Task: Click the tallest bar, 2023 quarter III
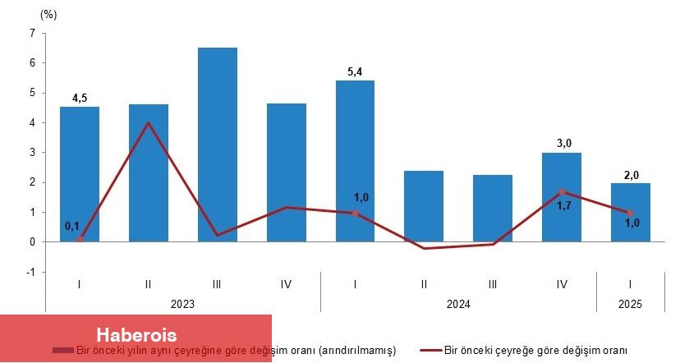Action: [217, 145]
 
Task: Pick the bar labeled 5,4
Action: [355, 161]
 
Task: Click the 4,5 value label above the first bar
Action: [80, 99]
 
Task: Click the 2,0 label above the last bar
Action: [631, 175]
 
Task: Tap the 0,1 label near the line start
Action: [73, 226]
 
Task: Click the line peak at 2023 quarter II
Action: [148, 123]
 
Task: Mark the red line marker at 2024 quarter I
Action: [355, 213]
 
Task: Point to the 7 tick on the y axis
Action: [31, 33]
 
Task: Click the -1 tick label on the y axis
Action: [30, 272]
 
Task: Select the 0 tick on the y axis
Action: [31, 242]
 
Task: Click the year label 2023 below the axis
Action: [182, 304]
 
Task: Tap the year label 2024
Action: [458, 304]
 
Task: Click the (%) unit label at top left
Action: [48, 14]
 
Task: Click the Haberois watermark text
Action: [136, 335]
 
